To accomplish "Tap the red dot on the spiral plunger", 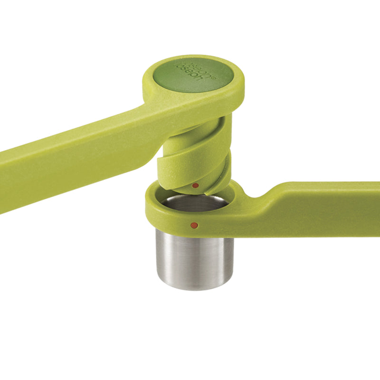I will tap(195, 185).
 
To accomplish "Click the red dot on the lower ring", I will tap(193, 224).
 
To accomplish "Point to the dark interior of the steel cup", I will tap(195, 203).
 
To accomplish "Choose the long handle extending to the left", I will tap(71, 161).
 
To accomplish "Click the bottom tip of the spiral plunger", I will tap(209, 191).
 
